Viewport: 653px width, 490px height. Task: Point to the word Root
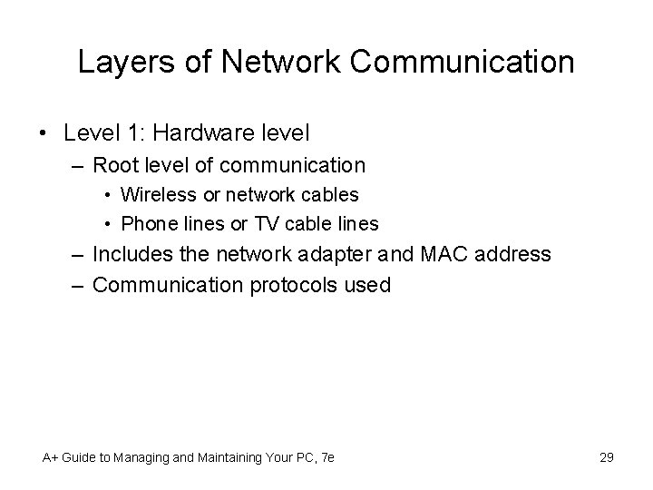coord(113,165)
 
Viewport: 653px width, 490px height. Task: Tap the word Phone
coord(145,223)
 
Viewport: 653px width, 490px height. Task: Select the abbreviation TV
coord(249,223)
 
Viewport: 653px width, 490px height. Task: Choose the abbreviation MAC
coord(443,254)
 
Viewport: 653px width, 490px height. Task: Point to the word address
coord(513,254)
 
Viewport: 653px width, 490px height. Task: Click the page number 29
coord(606,457)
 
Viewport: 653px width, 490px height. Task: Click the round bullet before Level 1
coord(45,133)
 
